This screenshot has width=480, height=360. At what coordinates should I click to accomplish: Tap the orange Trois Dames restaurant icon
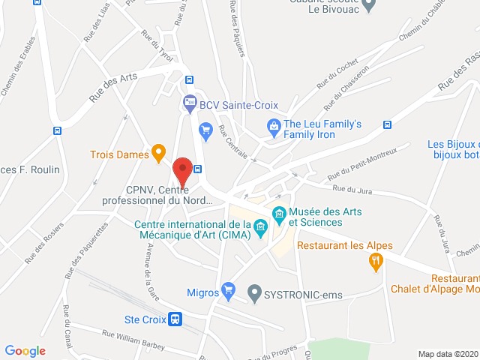158,153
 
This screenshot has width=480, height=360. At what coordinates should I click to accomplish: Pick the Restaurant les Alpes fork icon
376,261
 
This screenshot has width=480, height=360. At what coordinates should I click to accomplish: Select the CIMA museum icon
261,226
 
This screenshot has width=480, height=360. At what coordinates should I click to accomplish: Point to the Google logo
25,351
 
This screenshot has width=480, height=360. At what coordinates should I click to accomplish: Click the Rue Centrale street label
236,144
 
